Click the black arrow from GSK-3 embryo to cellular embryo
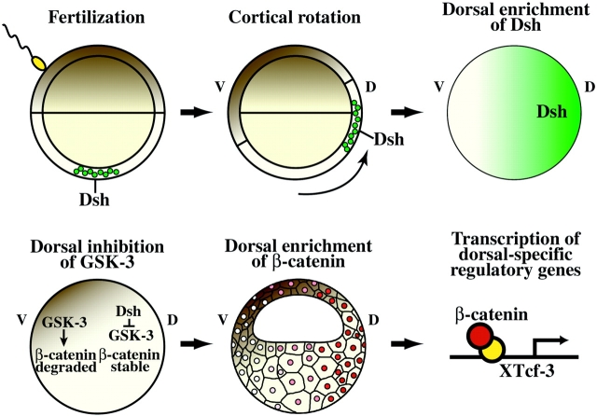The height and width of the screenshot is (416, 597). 198,343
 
